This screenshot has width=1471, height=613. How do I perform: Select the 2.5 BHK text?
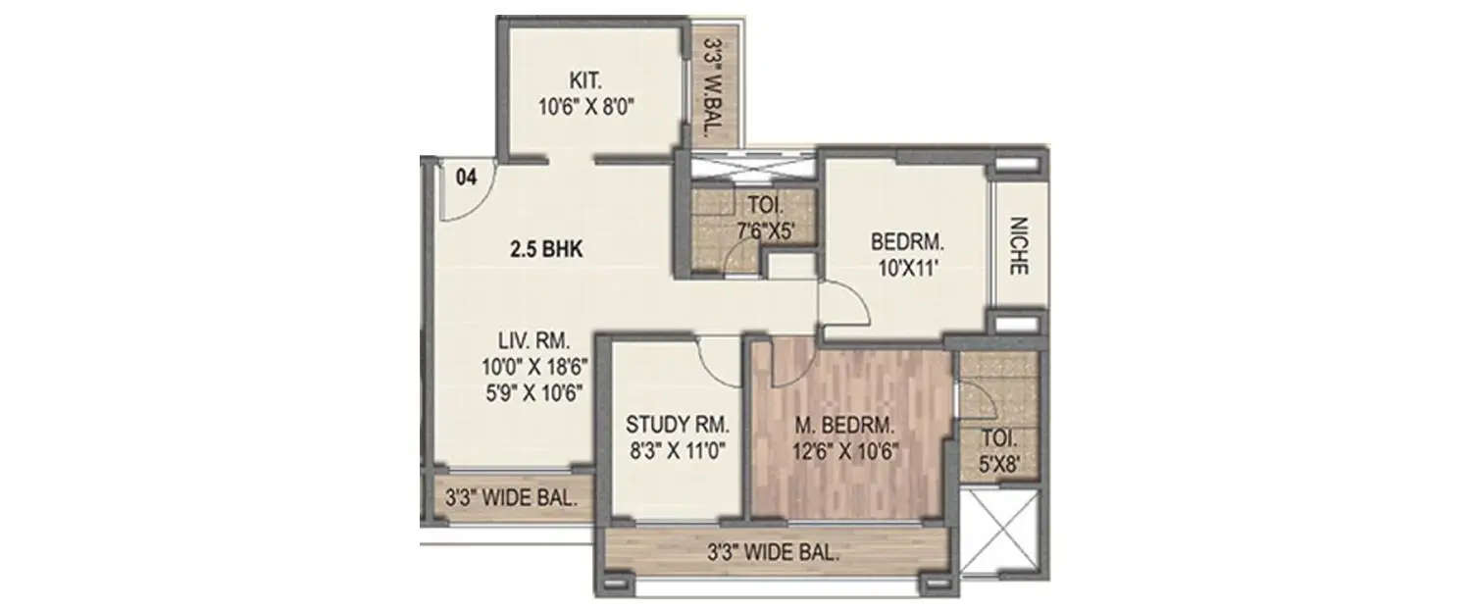point(545,249)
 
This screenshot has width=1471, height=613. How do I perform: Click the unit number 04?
point(467,178)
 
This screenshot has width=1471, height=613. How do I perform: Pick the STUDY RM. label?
point(678,426)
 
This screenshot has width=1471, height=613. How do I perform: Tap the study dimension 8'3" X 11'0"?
point(678,452)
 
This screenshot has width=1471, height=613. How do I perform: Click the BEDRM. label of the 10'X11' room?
point(906,239)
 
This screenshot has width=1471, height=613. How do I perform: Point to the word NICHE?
point(1017,245)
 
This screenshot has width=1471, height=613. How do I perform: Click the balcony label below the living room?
point(506,498)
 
